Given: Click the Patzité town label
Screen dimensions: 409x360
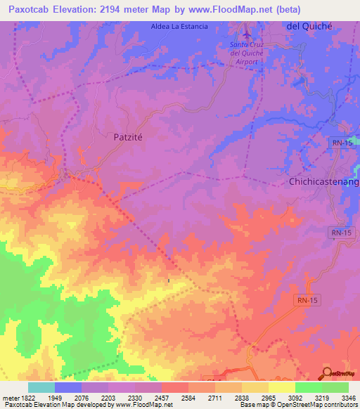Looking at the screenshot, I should point(128,138).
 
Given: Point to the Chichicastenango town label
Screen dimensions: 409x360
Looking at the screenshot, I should point(324,182).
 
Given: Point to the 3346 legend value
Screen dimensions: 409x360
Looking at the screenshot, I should point(349,397).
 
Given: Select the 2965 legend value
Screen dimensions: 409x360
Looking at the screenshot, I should point(269,397).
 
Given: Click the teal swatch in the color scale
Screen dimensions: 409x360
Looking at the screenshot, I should point(41,387).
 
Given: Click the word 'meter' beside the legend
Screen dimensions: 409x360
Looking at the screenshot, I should point(9,397).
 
